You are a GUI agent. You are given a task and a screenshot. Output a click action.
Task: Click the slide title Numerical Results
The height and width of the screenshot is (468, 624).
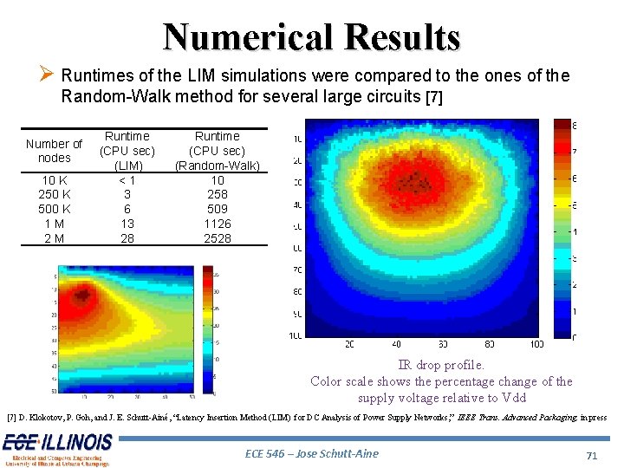[x=311, y=36]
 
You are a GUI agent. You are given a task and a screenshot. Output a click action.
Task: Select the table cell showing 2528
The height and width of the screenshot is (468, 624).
[x=217, y=238]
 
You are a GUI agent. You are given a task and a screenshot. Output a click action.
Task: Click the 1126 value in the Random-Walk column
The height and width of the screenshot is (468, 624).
[x=217, y=224]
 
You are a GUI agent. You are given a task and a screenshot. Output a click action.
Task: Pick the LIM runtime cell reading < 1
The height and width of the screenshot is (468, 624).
[x=127, y=179]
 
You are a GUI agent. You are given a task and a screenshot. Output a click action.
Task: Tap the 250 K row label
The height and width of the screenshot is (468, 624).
[x=55, y=194]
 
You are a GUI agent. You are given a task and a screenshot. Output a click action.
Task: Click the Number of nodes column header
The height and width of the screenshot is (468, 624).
[x=55, y=151]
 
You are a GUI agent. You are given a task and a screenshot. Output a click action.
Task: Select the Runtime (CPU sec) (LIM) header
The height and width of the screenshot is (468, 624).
[x=127, y=151]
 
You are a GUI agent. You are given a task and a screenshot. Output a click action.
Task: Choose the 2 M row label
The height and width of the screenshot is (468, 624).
[x=55, y=238]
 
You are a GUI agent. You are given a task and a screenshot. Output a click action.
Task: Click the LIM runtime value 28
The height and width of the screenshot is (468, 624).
[x=127, y=238]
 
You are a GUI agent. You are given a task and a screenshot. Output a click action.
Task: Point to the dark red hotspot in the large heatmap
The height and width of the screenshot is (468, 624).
[x=419, y=181]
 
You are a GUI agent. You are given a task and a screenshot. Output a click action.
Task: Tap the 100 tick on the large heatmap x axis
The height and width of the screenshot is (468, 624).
[x=536, y=344]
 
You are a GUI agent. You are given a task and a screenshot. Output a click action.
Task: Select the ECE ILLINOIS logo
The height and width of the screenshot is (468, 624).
[x=57, y=449]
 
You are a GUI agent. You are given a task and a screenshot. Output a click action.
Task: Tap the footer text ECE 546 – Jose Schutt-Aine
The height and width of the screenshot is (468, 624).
[x=312, y=453]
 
